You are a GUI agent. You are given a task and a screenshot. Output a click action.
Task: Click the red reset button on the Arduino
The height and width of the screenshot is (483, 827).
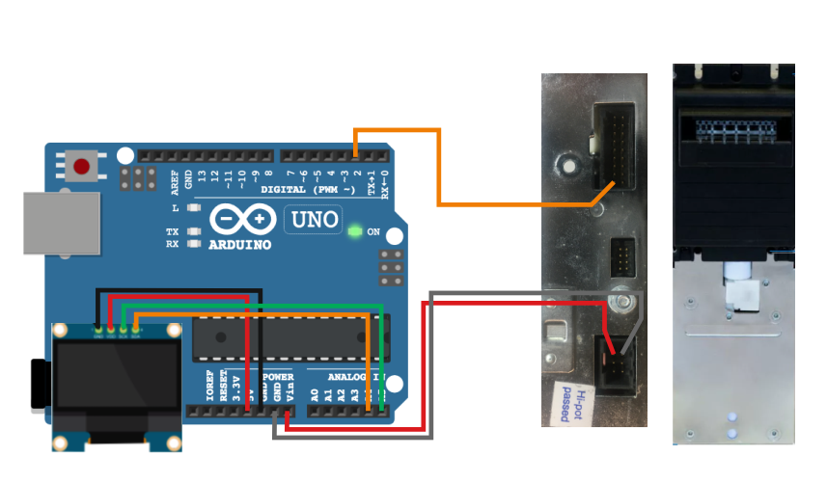(82, 167)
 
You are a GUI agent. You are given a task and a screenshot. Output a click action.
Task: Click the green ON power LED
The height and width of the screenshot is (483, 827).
(355, 231)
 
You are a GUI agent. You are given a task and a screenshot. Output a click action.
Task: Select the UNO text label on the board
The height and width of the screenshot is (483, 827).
(313, 220)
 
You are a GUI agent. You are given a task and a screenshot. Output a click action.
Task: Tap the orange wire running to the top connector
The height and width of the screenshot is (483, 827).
(439, 169)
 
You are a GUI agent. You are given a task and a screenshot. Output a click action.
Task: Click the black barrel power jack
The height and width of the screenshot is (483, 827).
(41, 383)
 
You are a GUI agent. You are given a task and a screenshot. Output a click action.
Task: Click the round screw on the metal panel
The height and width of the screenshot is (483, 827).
(624, 304)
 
